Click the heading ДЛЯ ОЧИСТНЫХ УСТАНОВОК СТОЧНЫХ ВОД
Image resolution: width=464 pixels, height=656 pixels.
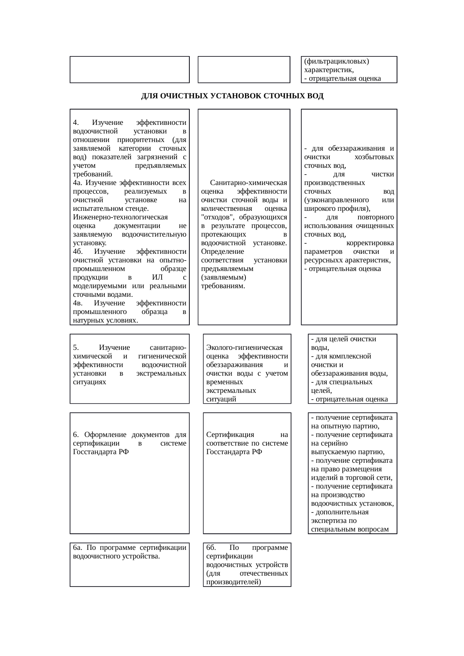click(232, 96)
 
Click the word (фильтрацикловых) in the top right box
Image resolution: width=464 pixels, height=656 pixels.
click(336, 61)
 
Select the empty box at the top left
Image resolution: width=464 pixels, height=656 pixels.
click(129, 70)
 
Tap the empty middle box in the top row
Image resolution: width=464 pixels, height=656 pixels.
click(244, 70)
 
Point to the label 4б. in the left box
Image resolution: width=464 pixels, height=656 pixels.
click(78, 252)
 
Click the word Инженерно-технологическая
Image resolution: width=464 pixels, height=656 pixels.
click(120, 217)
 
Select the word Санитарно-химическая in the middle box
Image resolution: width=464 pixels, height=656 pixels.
click(248, 183)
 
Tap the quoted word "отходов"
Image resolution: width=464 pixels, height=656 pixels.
click(216, 217)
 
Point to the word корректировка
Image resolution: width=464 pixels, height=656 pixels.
click(370, 243)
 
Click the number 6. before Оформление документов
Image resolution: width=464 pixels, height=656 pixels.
click(76, 434)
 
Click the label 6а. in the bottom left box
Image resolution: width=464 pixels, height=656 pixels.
click(78, 548)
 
